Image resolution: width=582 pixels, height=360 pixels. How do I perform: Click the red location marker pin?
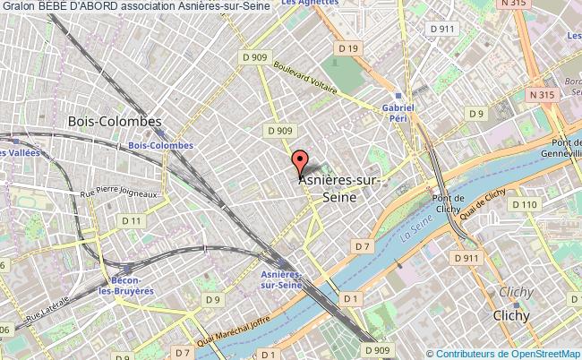[x=300, y=161]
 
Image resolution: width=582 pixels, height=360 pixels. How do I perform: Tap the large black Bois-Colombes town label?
[x=115, y=121]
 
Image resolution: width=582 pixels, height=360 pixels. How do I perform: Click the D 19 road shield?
[x=348, y=47]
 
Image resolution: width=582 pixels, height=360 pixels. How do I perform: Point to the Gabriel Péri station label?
[x=398, y=113]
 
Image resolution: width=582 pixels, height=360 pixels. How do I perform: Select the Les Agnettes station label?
[x=304, y=4]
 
